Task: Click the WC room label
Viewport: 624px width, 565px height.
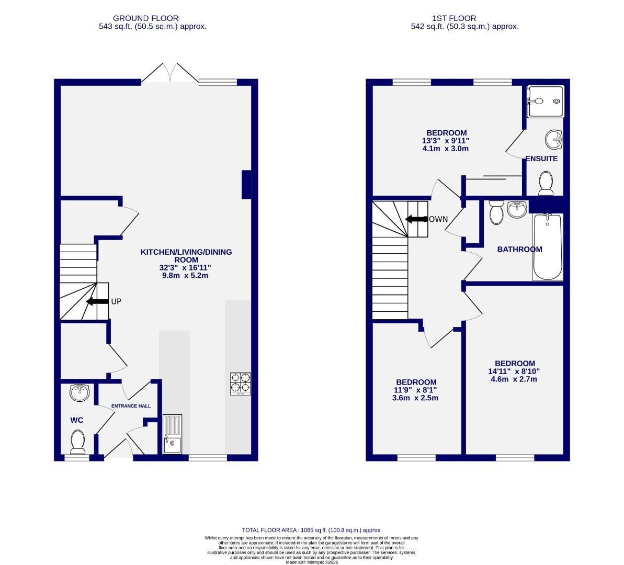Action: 77,420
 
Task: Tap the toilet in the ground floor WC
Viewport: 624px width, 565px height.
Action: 78,442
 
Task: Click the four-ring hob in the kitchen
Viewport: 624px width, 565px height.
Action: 240,383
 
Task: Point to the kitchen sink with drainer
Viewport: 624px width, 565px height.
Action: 172,434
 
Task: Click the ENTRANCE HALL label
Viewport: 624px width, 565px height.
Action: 130,406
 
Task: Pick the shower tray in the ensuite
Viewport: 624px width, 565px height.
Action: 545,101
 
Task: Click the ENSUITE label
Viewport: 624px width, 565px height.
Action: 541,159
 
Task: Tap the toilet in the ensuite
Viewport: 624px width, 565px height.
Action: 546,183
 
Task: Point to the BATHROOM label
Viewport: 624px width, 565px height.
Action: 519,250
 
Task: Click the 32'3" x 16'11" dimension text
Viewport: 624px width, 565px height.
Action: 186,267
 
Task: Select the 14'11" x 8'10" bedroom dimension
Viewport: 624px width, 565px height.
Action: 515,371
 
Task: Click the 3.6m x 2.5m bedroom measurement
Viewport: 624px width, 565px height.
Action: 415,398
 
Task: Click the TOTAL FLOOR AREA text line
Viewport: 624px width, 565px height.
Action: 312,530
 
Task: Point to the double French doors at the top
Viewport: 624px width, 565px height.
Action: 169,74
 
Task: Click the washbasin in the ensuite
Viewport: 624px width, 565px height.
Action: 553,139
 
